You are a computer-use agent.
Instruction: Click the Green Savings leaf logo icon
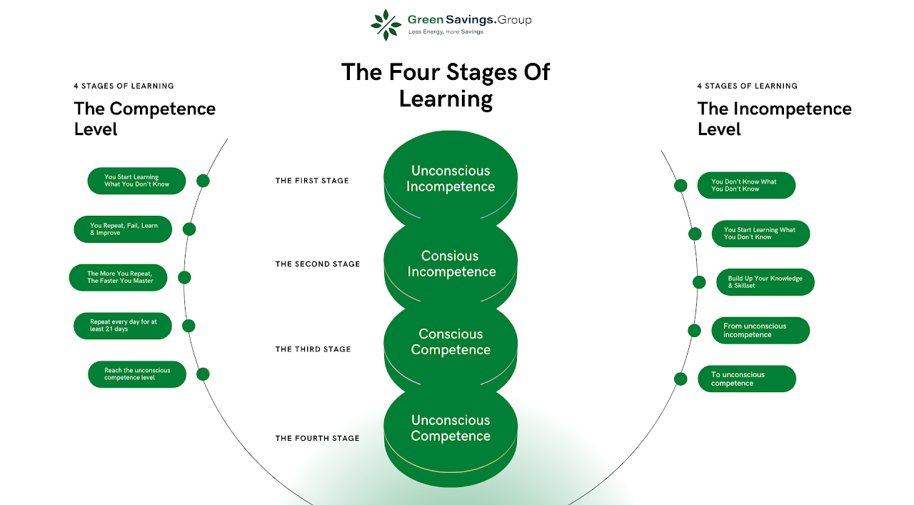(x=386, y=25)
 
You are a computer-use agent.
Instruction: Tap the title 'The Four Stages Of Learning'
(x=446, y=84)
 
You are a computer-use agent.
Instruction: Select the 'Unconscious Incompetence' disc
(x=451, y=179)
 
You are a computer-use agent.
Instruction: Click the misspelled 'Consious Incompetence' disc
(x=451, y=264)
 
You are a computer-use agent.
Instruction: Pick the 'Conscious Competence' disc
(x=451, y=342)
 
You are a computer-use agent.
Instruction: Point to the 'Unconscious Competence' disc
(x=451, y=429)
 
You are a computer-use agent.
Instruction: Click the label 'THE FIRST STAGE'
(x=312, y=181)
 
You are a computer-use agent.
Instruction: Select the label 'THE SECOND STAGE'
(x=318, y=264)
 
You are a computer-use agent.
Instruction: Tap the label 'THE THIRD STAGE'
(x=313, y=349)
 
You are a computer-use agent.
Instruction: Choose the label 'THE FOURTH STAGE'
(x=318, y=439)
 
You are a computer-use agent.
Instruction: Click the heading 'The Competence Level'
(x=144, y=119)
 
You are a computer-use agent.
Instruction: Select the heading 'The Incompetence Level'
(x=774, y=119)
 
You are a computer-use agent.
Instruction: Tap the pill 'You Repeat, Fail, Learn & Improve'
(x=123, y=229)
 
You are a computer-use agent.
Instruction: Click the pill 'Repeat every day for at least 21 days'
(x=123, y=326)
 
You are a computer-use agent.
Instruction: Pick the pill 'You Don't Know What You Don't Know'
(x=746, y=186)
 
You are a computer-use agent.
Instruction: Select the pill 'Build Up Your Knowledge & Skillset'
(x=765, y=282)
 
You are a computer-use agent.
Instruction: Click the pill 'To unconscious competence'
(x=746, y=379)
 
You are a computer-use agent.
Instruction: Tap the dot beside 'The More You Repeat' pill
(x=184, y=278)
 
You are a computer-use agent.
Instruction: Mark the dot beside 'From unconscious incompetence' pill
(x=694, y=330)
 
